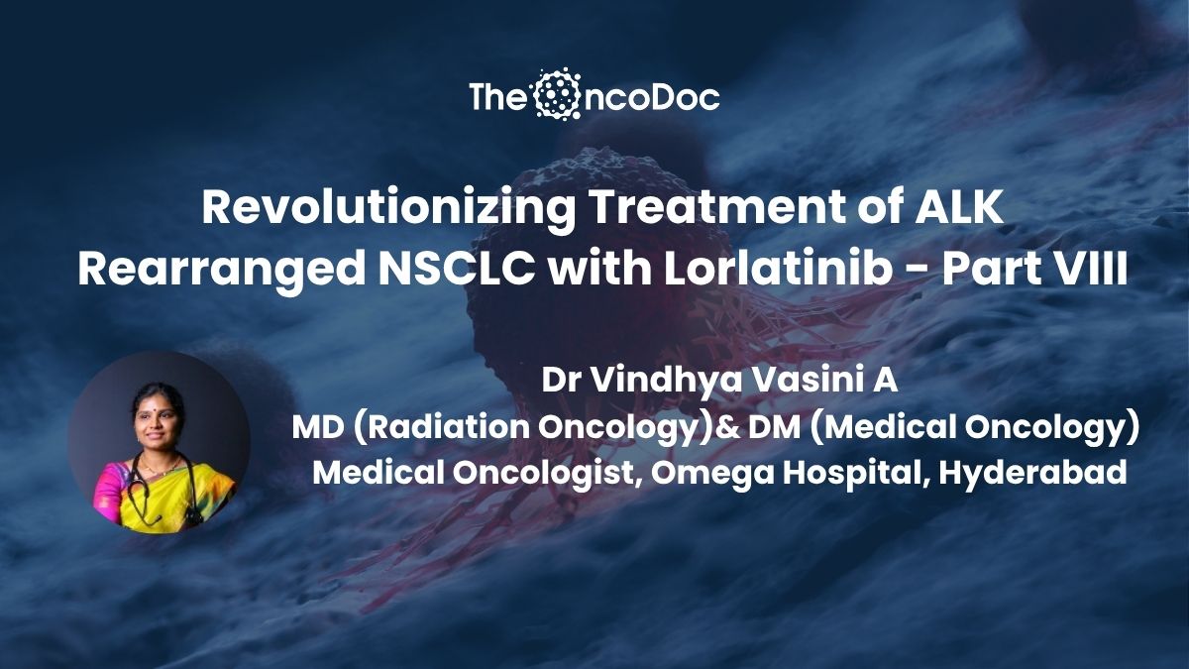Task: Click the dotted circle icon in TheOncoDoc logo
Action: coord(557,94)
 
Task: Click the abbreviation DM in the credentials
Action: coord(774,429)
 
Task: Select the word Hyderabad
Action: coord(1032,472)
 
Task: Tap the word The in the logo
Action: coord(496,97)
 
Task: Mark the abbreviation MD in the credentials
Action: coord(317,429)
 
